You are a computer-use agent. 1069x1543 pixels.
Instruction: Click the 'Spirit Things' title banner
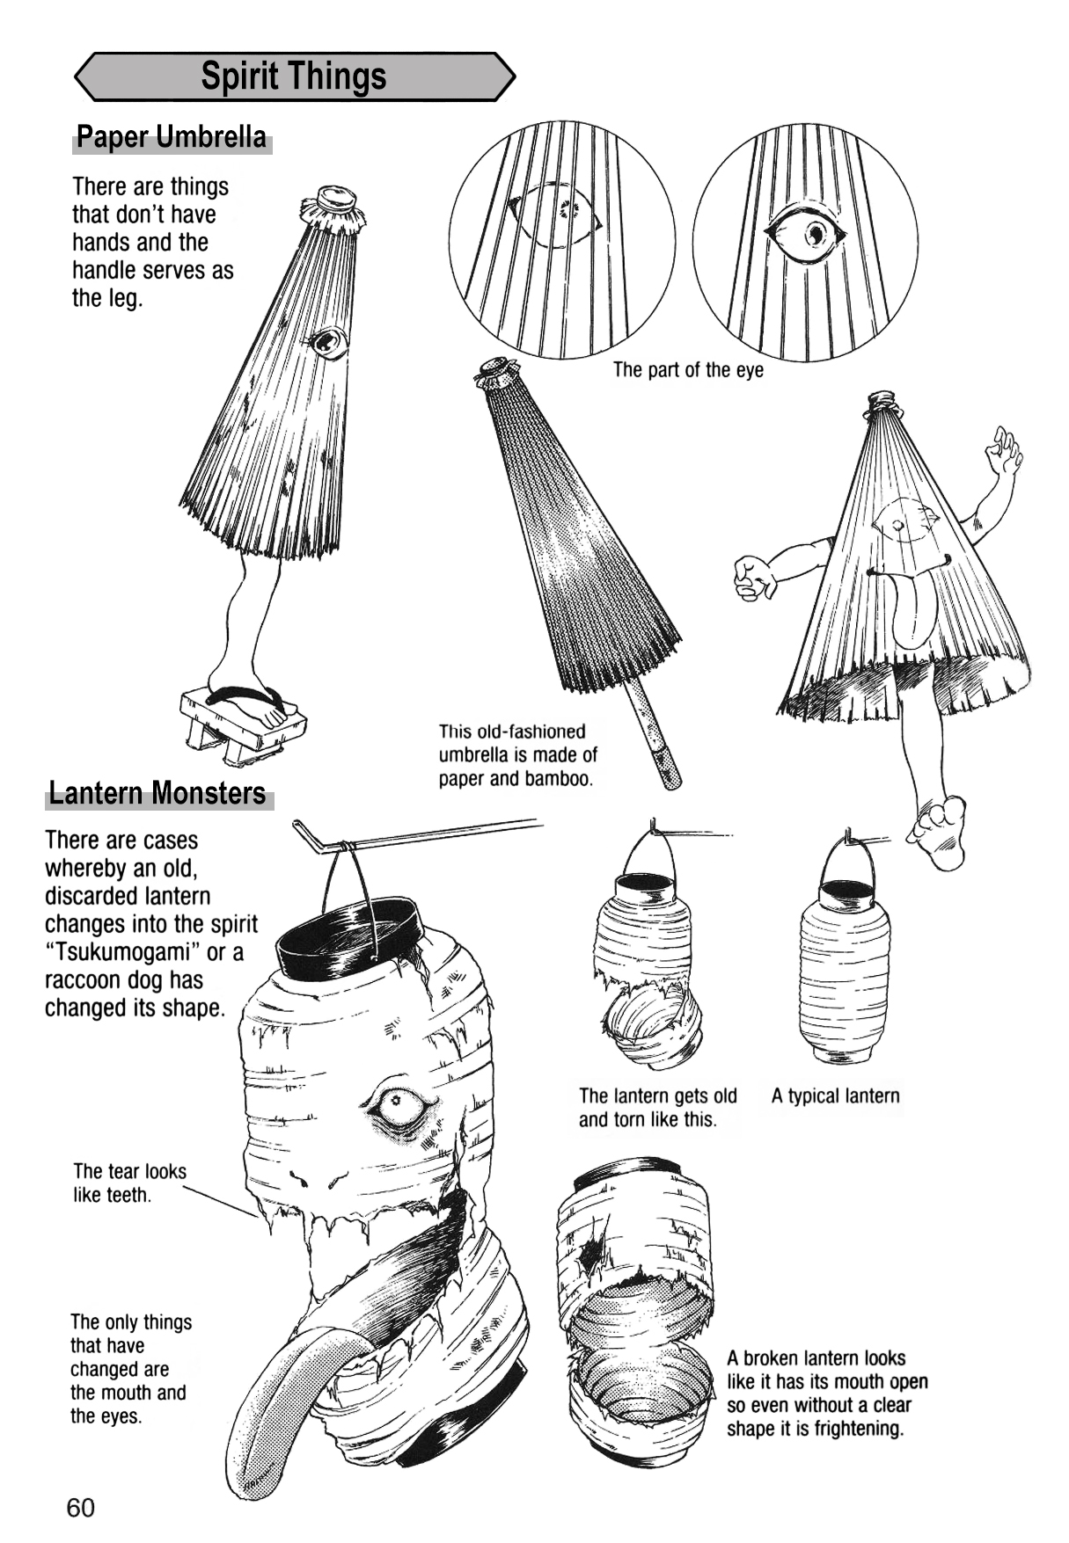tap(293, 76)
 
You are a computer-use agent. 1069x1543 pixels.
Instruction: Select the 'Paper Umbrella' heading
tap(172, 138)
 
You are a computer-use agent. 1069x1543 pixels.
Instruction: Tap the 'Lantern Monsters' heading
tap(157, 793)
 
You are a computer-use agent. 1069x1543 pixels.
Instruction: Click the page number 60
tap(80, 1508)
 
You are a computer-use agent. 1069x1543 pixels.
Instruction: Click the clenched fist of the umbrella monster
tap(754, 577)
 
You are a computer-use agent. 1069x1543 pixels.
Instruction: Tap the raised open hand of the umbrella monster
tap(1004, 453)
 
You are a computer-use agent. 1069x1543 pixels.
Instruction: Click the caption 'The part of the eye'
tap(688, 370)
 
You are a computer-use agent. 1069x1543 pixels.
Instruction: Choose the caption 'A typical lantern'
tap(835, 1096)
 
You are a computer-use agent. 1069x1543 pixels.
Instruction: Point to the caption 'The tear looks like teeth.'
tap(129, 1183)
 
